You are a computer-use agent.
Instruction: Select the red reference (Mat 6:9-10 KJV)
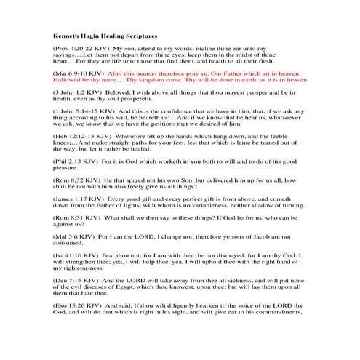click(77, 74)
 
